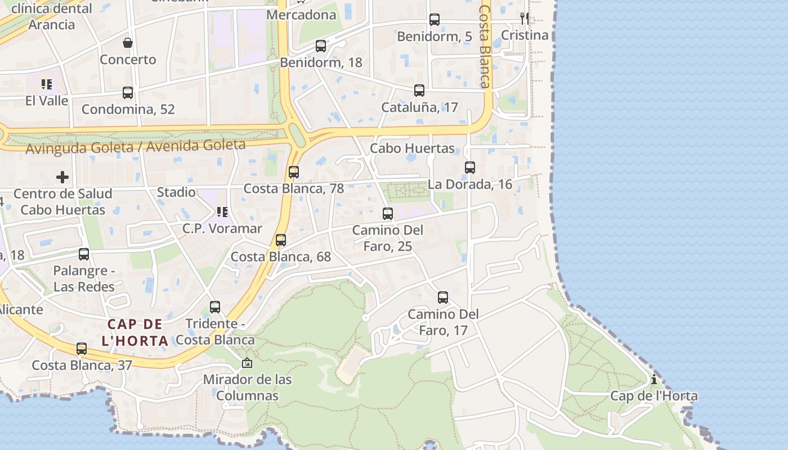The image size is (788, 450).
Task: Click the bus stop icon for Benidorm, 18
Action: coord(321,46)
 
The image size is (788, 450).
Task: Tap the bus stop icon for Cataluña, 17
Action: coord(419,91)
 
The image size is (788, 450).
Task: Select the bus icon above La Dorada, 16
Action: coord(470,167)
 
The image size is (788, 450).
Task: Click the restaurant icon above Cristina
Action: coord(525,19)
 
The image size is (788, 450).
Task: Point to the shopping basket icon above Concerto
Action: coord(128,43)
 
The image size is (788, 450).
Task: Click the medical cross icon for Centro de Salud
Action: coord(62,177)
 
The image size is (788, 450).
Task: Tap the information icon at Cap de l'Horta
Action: coord(654,380)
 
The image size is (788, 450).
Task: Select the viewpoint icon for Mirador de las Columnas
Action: coord(247,363)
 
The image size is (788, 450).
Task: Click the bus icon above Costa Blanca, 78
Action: coord(294,172)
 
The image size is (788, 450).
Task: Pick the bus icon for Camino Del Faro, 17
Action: coord(443,298)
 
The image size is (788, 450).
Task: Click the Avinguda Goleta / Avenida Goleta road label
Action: coord(136,147)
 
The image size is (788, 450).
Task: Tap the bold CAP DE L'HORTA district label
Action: coord(135,332)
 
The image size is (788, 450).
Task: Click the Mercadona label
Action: coord(301,15)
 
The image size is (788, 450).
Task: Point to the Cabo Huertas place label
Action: coord(412,148)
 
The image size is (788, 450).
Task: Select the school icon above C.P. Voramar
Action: coord(222,212)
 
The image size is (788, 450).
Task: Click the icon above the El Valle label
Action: coord(46,84)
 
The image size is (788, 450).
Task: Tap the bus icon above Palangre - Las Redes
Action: coord(84,254)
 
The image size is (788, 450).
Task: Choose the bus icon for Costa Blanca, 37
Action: coord(82,349)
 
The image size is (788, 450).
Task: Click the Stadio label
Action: coord(176,192)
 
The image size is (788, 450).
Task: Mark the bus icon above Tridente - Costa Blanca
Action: coord(215,307)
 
